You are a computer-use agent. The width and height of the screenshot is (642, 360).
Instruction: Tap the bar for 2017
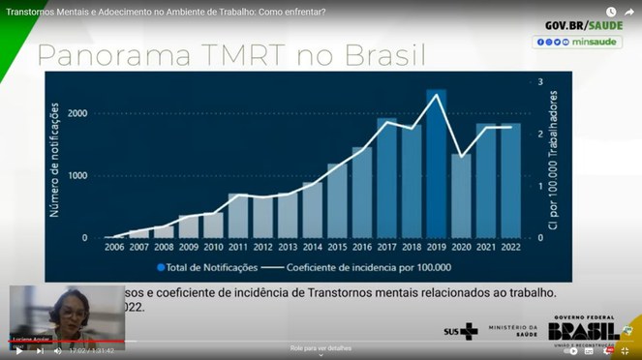(x=386, y=179)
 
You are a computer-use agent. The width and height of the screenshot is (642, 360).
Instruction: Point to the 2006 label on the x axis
(x=114, y=247)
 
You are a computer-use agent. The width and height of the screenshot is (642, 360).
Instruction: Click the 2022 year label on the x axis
(x=510, y=247)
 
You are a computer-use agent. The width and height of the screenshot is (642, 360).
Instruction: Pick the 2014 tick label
(x=312, y=247)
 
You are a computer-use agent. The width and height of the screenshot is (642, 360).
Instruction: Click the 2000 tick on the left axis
(x=77, y=114)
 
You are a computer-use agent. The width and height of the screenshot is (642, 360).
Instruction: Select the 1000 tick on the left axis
(x=77, y=176)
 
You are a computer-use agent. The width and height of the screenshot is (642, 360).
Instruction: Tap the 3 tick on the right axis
(x=540, y=81)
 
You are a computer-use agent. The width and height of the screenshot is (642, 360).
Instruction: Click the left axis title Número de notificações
(x=54, y=160)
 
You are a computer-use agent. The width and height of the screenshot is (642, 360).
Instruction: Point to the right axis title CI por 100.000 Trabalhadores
(x=556, y=160)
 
